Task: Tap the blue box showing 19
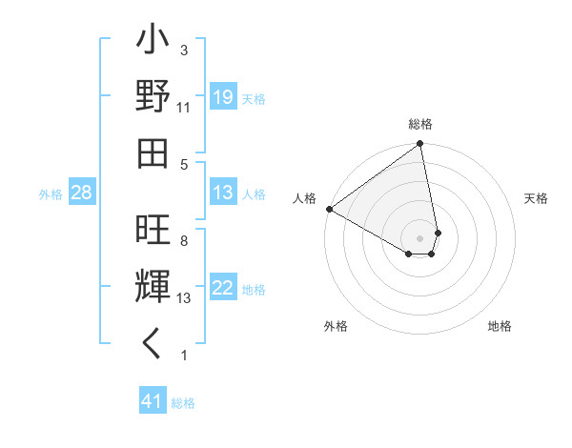coord(223,98)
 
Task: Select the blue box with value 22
coord(223,289)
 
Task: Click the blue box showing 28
coord(82,193)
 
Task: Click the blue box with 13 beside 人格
coord(223,193)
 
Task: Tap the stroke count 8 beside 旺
coord(183,241)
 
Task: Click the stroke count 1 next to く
coord(183,356)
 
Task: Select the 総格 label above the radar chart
coord(420,124)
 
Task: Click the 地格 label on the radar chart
coord(500,326)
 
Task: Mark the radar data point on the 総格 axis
coord(419,145)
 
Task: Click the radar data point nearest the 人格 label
coord(329,208)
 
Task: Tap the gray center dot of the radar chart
coord(420,237)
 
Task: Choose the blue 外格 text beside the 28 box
coord(51,194)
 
